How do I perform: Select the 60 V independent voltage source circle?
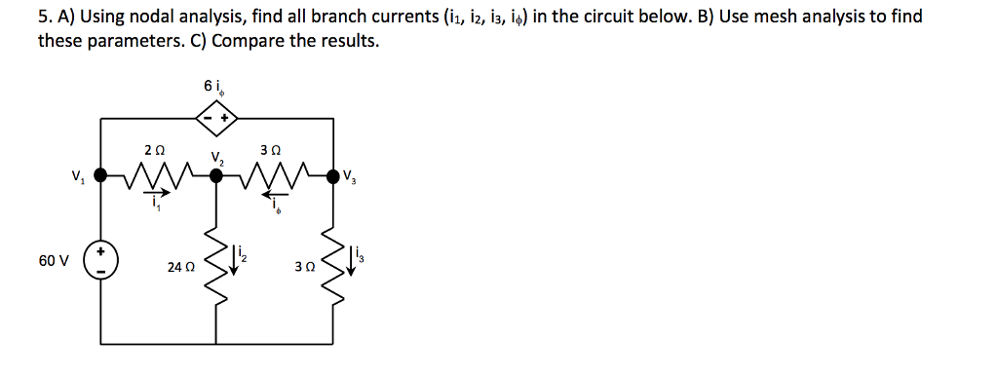101,264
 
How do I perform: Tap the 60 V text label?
55,261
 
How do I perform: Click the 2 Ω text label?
153,150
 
